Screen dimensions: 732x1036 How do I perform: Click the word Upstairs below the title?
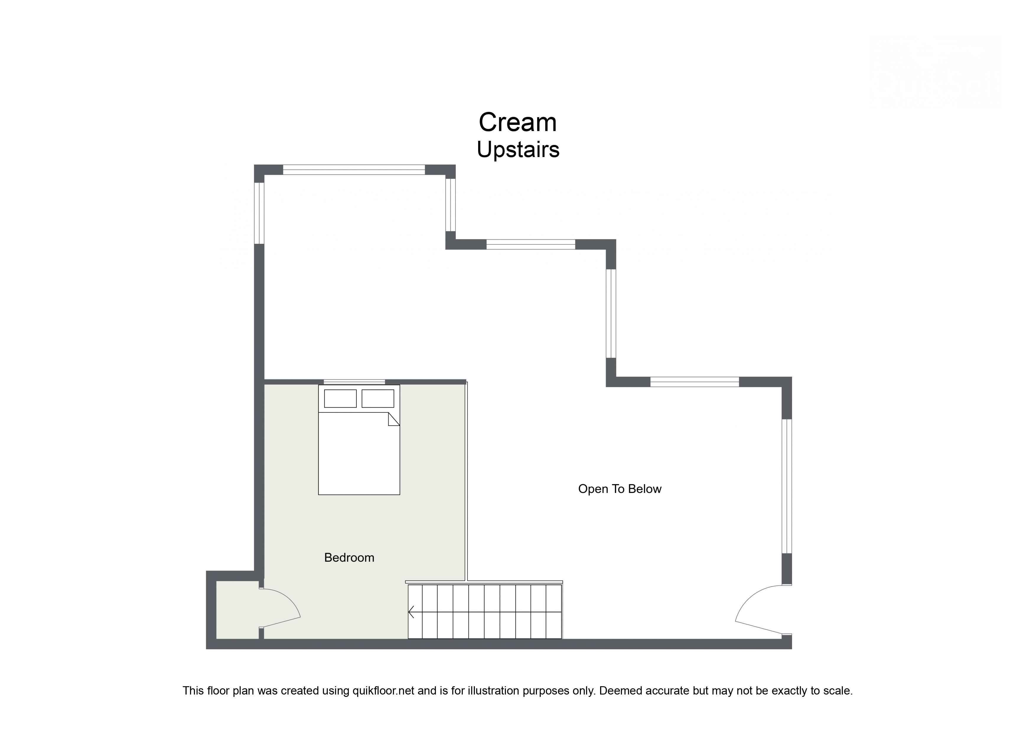click(518, 150)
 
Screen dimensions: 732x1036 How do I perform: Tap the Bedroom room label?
click(349, 558)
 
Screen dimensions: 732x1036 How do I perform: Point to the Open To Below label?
click(620, 489)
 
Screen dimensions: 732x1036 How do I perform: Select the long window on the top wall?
click(354, 170)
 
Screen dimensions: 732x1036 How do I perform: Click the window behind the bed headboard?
click(354, 382)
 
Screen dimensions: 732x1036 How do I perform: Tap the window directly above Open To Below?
click(694, 382)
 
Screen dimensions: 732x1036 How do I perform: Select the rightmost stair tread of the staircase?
click(554, 612)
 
